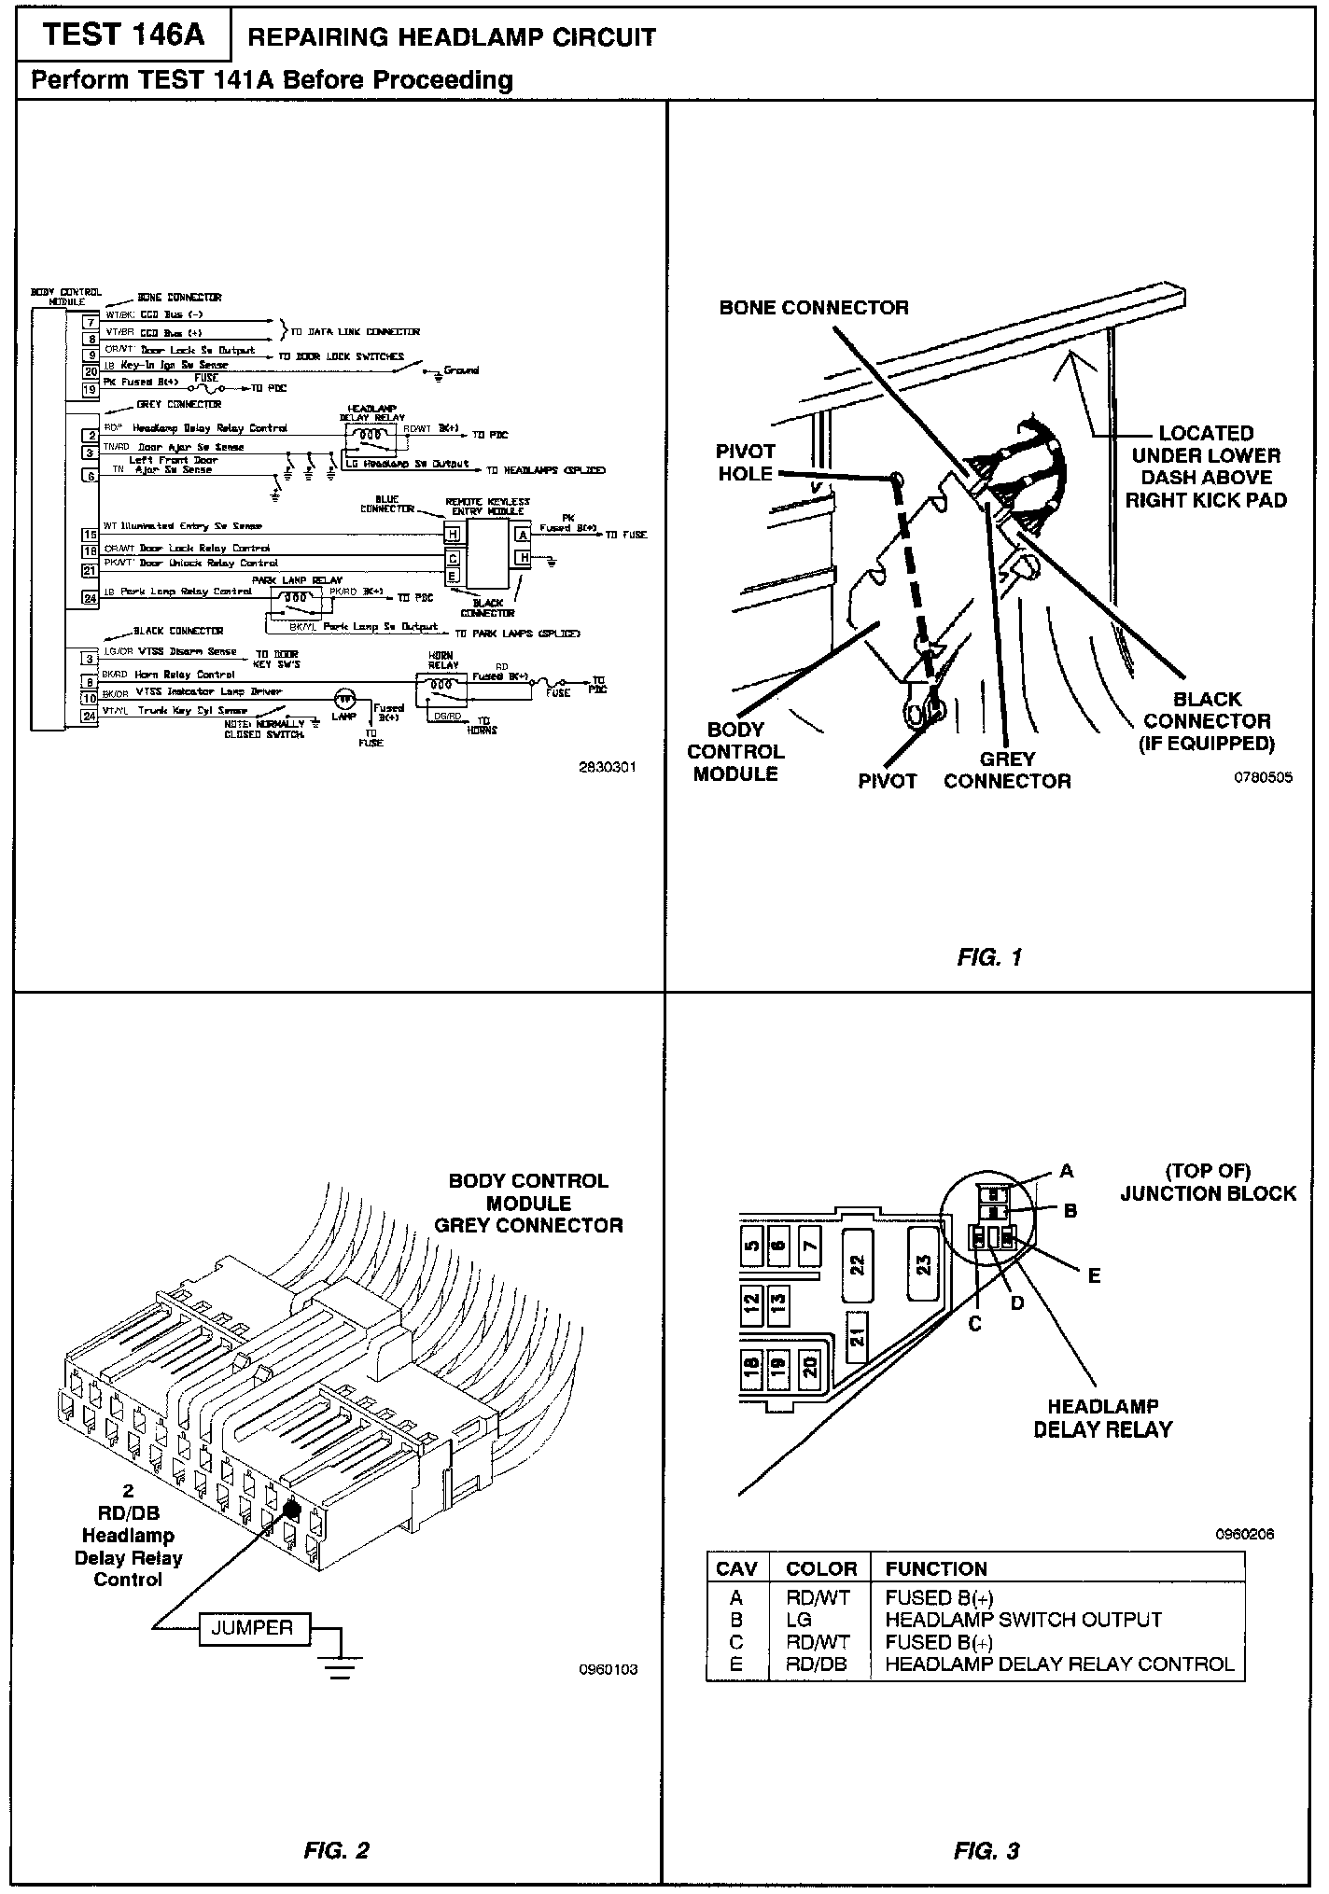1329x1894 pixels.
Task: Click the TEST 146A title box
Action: point(123,35)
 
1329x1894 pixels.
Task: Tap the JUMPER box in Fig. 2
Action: point(252,1628)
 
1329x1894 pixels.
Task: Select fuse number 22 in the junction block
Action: point(858,1265)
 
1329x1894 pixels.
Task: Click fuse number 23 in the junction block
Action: point(923,1265)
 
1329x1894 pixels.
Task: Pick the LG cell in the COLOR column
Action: point(799,1620)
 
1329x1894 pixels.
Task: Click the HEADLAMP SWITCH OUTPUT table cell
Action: point(1023,1620)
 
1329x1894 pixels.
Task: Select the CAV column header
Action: point(735,1568)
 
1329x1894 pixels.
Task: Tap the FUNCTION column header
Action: point(936,1568)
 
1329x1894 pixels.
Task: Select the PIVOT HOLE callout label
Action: point(745,463)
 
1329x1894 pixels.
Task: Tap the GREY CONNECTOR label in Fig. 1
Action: point(1007,770)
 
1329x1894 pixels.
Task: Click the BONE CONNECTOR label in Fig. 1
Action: point(814,308)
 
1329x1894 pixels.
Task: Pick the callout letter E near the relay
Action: point(1094,1275)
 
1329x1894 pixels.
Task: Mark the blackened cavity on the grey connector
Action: point(290,1508)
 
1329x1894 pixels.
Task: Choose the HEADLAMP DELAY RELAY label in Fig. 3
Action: point(1102,1417)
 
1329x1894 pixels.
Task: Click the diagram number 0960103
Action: point(608,1669)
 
